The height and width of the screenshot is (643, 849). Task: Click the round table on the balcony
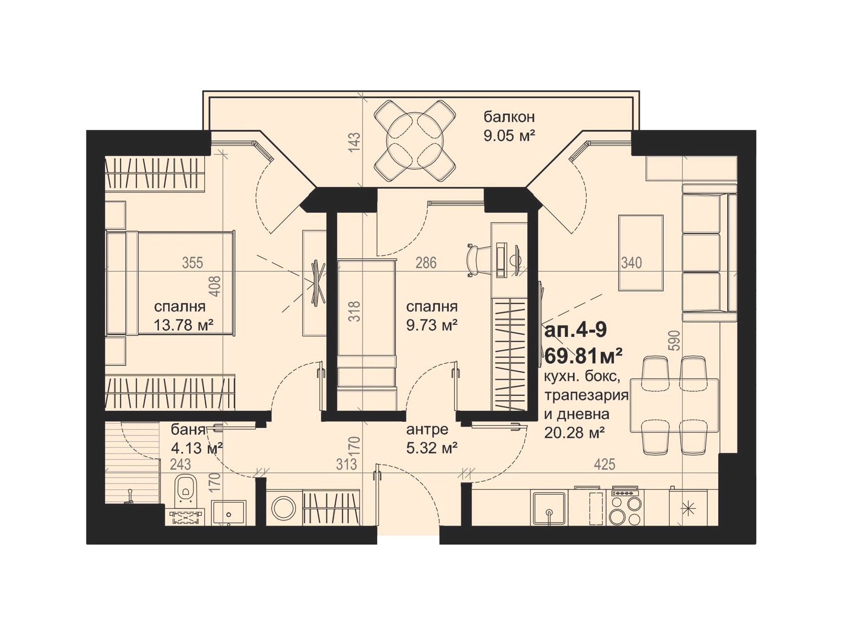414,140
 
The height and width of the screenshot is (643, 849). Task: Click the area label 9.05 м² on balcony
509,136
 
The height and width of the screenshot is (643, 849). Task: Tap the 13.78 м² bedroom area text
183,325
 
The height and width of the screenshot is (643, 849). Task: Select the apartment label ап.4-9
575,330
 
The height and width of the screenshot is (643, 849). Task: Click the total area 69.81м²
584,355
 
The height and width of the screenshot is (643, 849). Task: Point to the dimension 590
674,341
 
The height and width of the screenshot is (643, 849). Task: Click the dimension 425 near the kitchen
605,464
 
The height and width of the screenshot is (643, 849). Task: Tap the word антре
427,429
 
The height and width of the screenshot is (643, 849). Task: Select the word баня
188,430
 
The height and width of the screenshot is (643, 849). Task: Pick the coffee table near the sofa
641,253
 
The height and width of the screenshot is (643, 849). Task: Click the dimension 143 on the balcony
354,142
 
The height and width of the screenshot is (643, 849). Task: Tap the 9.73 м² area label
432,325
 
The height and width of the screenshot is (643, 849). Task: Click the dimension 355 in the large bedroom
192,263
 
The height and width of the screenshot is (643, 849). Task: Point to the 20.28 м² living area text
574,432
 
